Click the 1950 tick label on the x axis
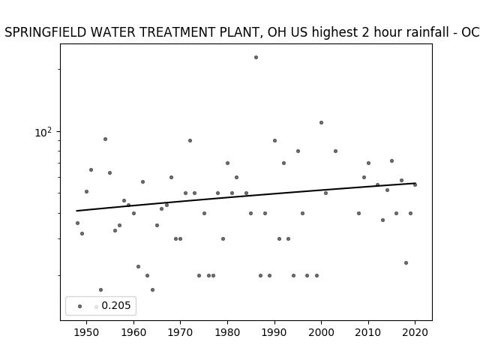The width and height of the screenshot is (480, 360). click(87, 333)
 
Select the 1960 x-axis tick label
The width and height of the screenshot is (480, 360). click(133, 333)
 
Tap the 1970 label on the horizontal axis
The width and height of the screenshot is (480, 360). click(180, 333)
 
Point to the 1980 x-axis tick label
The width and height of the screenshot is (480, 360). click(227, 333)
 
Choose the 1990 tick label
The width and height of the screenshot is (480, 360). click(274, 333)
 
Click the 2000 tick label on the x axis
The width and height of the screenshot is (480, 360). click(322, 333)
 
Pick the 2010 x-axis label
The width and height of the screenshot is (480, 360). click(368, 333)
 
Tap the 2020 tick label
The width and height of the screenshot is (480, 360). click(415, 333)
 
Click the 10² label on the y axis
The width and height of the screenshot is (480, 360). click(43, 132)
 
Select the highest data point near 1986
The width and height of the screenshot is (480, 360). click(256, 57)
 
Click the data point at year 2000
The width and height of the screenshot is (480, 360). click(322, 122)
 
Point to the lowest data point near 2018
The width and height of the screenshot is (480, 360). click(406, 262)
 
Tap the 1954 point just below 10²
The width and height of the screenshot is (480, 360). click(105, 139)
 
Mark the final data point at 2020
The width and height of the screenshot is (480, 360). click(415, 184)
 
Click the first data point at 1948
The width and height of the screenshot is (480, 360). click(77, 223)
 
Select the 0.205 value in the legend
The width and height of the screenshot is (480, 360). click(116, 305)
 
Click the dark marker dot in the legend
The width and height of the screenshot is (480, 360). click(80, 306)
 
